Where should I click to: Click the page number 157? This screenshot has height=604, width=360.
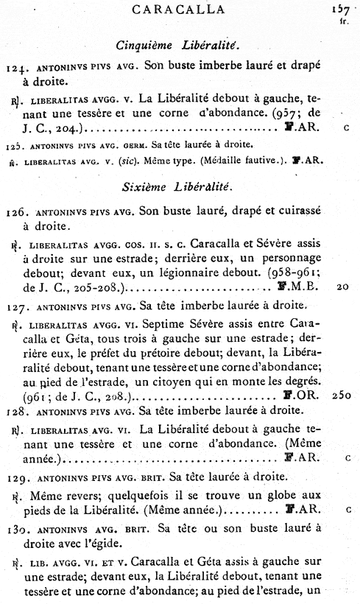341,9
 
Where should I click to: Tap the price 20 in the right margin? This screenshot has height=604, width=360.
342,288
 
